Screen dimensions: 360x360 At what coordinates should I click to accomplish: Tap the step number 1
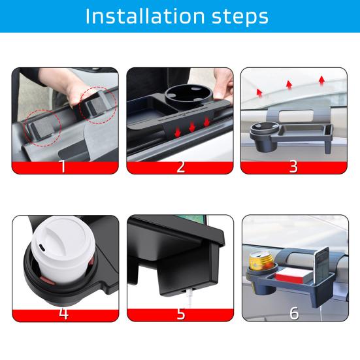[x=63, y=166]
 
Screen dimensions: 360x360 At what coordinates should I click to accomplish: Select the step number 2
[x=180, y=166]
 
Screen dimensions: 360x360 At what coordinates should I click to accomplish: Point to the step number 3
[x=293, y=166]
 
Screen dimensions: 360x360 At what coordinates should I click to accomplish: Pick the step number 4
[x=63, y=313]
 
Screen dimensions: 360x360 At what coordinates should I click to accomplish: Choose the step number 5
[x=180, y=313]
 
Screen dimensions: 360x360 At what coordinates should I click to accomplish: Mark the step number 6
[x=293, y=313]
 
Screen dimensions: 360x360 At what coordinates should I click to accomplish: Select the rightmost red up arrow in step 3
[x=321, y=80]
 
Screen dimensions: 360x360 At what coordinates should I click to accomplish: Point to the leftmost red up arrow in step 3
[x=259, y=92]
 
